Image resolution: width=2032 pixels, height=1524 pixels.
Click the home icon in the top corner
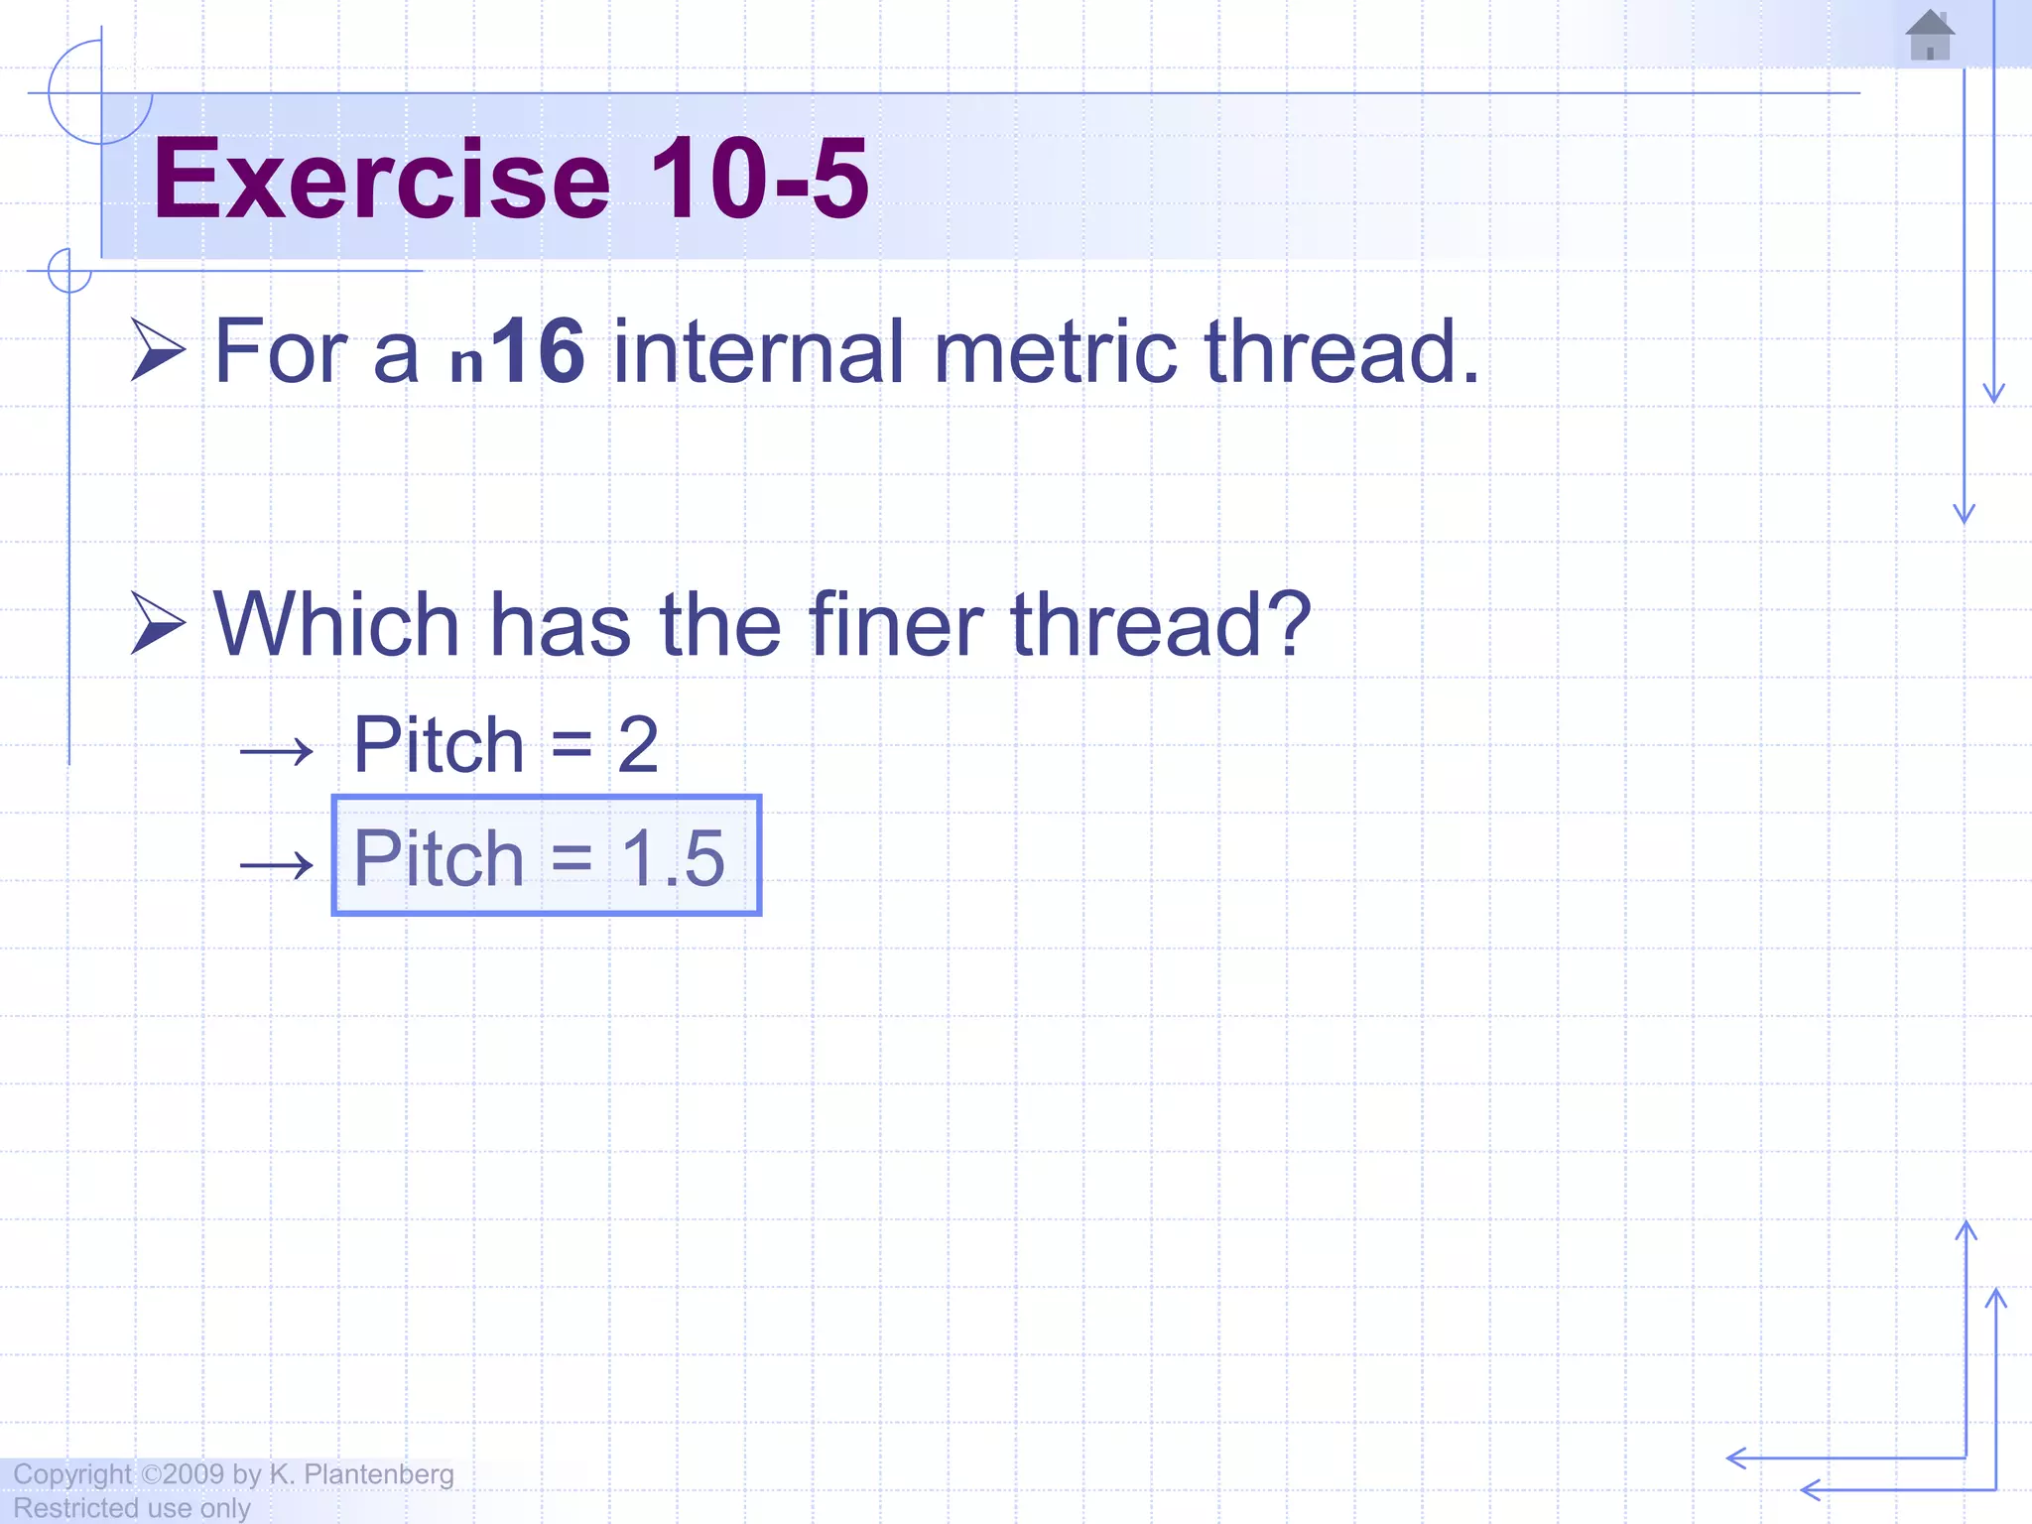pos(1929,35)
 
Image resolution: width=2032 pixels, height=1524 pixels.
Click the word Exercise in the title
pos(381,180)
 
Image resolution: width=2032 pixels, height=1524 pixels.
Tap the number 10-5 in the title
pos(759,180)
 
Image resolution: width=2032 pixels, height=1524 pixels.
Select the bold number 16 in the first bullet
pos(538,351)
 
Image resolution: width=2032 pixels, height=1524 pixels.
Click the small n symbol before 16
pos(466,363)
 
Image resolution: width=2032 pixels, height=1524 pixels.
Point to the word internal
pos(759,351)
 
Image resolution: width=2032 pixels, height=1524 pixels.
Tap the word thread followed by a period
pos(1339,351)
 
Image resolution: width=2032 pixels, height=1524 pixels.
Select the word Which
pos(336,625)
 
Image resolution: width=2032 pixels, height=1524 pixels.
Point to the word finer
pos(896,625)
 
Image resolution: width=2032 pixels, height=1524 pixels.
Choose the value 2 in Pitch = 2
pos(638,745)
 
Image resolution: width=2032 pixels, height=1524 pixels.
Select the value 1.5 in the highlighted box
pos(674,858)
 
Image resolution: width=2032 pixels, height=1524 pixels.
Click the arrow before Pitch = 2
pos(276,752)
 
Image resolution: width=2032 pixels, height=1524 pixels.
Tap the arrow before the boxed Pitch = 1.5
pos(276,865)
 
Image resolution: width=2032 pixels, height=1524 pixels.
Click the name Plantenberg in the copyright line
pos(378,1474)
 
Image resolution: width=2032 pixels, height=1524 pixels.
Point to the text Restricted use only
pos(132,1508)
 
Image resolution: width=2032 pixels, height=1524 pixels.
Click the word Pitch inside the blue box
pos(439,858)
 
